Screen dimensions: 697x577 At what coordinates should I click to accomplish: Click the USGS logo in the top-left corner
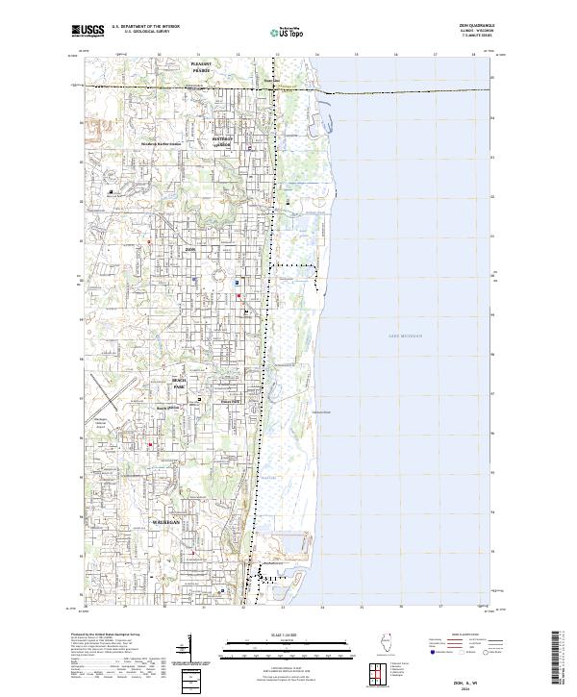tap(88, 32)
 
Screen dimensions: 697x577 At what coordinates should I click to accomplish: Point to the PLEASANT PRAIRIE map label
tap(200, 67)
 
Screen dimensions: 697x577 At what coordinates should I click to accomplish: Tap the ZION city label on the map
tap(189, 248)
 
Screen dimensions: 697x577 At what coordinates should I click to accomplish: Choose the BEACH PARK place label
tap(178, 384)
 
